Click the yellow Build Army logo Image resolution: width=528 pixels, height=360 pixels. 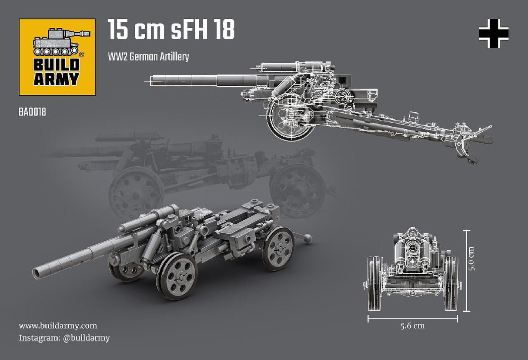click(x=57, y=57)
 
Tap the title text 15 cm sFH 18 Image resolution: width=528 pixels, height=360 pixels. click(x=171, y=30)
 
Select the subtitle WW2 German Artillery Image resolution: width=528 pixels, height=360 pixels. click(x=148, y=57)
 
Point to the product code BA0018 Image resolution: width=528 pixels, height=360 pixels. click(x=32, y=112)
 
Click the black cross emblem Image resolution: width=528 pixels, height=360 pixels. click(x=494, y=34)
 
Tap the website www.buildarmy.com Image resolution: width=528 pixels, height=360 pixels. click(x=57, y=326)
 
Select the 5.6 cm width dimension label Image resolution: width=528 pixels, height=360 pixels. click(x=412, y=326)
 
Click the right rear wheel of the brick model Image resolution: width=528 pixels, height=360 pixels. click(x=278, y=248)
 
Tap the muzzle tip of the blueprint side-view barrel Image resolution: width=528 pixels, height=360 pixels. click(x=151, y=80)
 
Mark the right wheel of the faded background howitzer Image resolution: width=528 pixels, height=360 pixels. click(x=297, y=189)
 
